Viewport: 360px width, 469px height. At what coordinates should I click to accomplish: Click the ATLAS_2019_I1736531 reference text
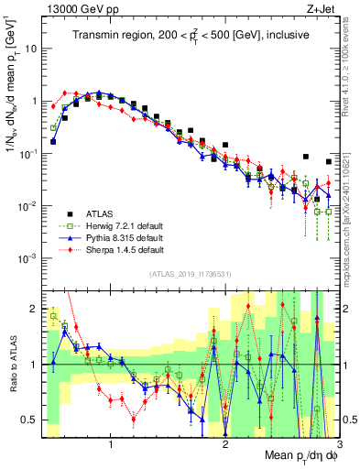(189, 275)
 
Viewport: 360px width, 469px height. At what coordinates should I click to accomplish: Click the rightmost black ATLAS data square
(329, 162)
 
